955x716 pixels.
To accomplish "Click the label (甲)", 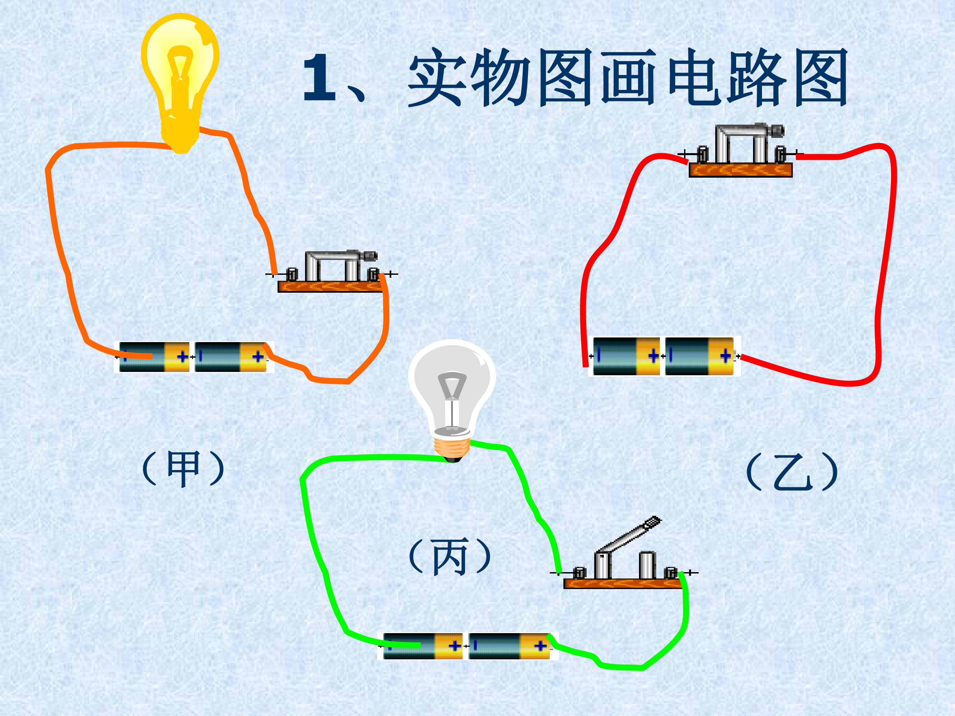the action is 183,469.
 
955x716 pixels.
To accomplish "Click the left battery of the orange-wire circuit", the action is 154,356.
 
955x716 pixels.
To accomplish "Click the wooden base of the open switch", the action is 622,583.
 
